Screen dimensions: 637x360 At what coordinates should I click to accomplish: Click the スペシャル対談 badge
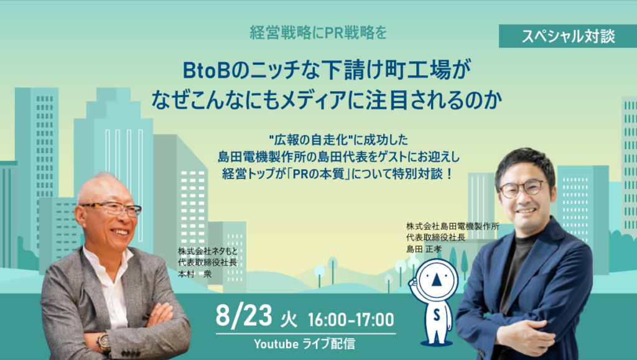567,36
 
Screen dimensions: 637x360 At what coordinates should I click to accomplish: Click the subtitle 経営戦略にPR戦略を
318,33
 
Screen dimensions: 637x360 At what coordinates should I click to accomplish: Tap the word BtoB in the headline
207,70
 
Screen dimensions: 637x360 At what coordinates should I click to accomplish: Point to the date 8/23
243,316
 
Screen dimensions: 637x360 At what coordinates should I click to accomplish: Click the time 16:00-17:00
351,320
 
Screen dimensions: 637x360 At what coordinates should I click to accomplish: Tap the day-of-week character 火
289,320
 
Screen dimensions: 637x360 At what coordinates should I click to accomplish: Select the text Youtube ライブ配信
304,344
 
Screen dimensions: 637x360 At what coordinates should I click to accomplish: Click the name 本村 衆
195,274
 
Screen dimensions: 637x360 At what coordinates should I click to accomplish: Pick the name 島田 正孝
424,249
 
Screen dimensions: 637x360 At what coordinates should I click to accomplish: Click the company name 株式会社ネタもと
208,251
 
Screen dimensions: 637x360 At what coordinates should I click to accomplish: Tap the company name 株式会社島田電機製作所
453,226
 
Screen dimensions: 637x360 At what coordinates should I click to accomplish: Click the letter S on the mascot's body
436,315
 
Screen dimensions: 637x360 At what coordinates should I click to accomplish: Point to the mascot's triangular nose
436,280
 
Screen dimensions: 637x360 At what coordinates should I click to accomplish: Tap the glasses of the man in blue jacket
523,188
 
